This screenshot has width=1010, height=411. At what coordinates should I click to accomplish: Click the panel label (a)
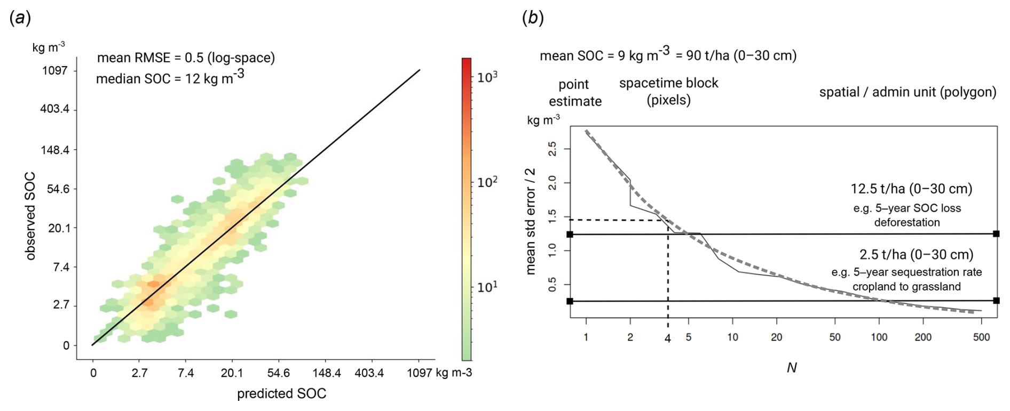pyautogui.click(x=20, y=18)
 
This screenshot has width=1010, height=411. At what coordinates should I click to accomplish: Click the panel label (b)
pyautogui.click(x=533, y=18)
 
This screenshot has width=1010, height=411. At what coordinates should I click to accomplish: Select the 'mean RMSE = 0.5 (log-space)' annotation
pyautogui.click(x=186, y=58)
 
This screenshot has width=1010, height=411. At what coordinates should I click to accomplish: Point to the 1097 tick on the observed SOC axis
pyautogui.click(x=55, y=70)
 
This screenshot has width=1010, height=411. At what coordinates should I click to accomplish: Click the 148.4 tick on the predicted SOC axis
pyautogui.click(x=326, y=373)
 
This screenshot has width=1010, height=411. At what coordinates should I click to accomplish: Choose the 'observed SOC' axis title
pyautogui.click(x=30, y=216)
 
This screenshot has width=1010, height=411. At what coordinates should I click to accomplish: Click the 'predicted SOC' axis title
pyautogui.click(x=281, y=393)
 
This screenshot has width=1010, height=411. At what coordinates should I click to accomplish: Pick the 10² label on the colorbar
pyautogui.click(x=487, y=182)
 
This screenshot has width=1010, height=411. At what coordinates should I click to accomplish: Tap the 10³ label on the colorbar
pyautogui.click(x=487, y=77)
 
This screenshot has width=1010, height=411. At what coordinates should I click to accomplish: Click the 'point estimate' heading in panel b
pyautogui.click(x=575, y=93)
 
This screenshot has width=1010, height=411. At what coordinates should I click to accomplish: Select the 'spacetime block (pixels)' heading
pyautogui.click(x=668, y=91)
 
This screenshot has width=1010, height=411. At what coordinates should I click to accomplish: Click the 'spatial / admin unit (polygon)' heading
pyautogui.click(x=908, y=92)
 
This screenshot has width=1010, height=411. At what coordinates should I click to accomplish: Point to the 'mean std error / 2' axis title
pyautogui.click(x=530, y=221)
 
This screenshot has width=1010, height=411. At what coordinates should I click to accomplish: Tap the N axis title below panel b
pyautogui.click(x=792, y=368)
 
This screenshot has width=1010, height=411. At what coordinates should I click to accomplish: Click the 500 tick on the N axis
pyautogui.click(x=981, y=337)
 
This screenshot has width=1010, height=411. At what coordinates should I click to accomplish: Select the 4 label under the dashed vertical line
pyautogui.click(x=667, y=338)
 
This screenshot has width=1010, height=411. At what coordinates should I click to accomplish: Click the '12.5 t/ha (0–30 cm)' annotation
pyautogui.click(x=911, y=189)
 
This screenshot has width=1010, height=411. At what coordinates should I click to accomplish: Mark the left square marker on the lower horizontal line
pyautogui.click(x=570, y=301)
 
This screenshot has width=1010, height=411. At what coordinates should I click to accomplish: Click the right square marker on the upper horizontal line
pyautogui.click(x=996, y=233)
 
